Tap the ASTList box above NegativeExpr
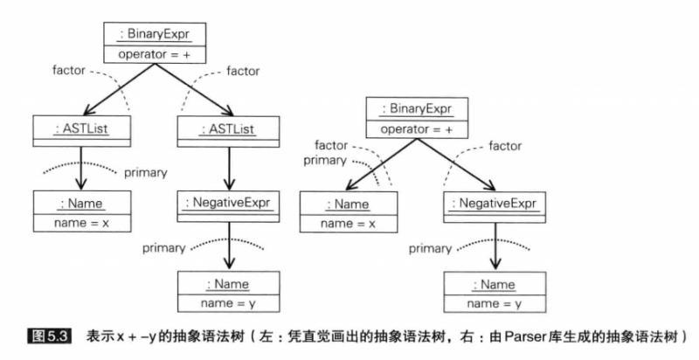(x=229, y=130)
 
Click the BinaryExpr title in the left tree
(x=154, y=35)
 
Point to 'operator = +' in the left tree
(x=154, y=52)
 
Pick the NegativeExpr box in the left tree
(x=229, y=204)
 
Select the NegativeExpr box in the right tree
(x=495, y=204)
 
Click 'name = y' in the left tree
(x=229, y=301)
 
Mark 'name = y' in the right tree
(x=495, y=301)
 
